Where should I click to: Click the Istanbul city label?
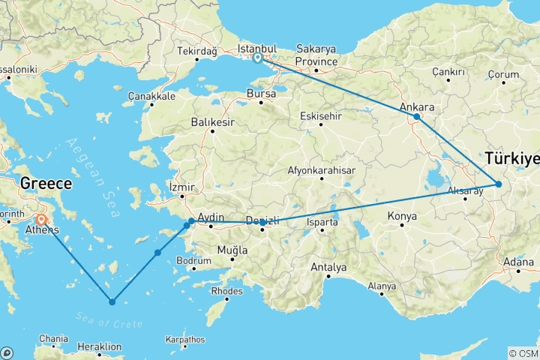click(257, 47)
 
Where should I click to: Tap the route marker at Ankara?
click(417, 117)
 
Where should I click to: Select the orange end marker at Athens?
click(41, 220)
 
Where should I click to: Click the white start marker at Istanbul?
click(257, 58)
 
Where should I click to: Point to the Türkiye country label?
click(512, 158)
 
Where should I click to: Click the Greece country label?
click(46, 183)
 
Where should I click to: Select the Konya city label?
click(401, 217)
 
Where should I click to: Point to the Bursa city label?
click(261, 94)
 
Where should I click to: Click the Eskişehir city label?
click(320, 116)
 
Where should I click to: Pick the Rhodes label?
click(228, 290)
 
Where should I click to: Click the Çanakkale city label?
click(151, 96)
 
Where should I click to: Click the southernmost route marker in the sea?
click(112, 302)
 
